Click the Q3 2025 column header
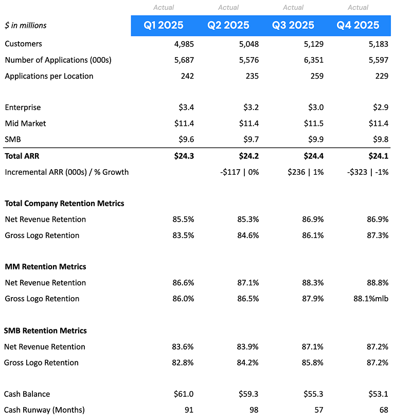[293, 25]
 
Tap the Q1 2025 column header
[164, 25]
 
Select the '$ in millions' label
[26, 25]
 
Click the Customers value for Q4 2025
[378, 44]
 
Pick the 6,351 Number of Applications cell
[314, 60]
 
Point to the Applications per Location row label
[49, 76]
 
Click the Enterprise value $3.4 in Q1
[186, 107]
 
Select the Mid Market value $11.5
[314, 123]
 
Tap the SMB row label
[12, 139]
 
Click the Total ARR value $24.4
[314, 156]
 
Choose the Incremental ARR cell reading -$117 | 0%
[240, 172]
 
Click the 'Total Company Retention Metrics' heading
[64, 203]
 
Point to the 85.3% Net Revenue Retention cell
[248, 220]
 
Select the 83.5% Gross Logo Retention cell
[183, 235]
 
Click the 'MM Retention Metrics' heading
[45, 267]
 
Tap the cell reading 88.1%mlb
[371, 299]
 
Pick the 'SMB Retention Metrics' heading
[45, 331]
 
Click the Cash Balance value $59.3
[248, 394]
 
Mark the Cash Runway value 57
[319, 410]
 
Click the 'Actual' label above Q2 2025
[228, 7]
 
